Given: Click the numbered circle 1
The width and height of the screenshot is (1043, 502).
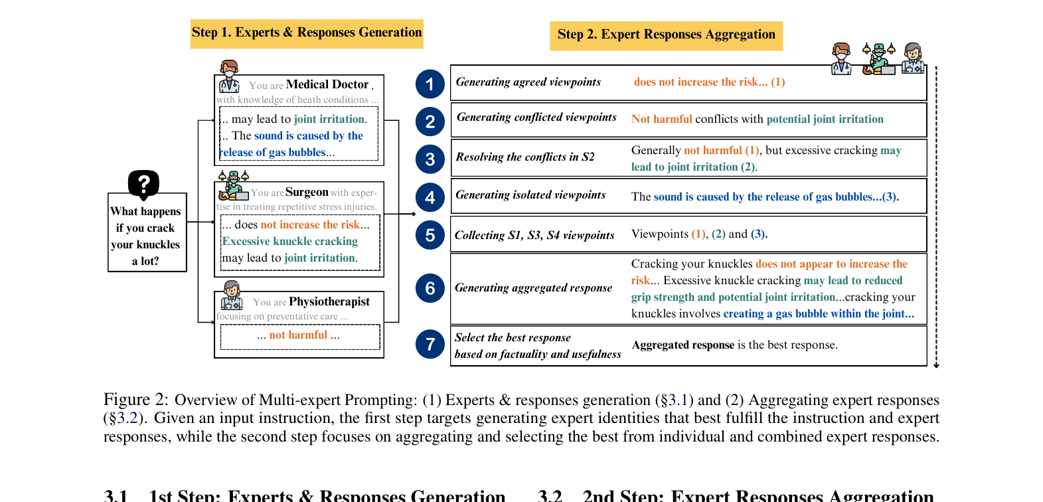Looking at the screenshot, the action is point(430,84).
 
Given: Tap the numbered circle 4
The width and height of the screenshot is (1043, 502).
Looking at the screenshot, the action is point(430,197).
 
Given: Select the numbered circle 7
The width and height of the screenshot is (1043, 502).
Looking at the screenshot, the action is point(430,344).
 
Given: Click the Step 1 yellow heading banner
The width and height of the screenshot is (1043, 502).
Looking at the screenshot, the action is point(307,33).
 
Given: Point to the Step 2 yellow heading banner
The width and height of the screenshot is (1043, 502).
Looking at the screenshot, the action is point(667,35).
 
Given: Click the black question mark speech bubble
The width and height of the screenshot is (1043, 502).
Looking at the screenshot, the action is point(143,185).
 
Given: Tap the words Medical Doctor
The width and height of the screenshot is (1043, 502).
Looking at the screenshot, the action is point(327,84).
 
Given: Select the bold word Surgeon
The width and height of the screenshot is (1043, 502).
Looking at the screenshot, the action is point(307,192).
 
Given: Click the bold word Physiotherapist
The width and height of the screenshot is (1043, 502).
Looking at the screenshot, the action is point(329,301).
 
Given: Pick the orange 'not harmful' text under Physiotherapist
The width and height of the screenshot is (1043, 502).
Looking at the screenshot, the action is point(298,335).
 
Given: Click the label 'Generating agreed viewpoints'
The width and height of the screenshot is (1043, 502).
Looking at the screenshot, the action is point(528,82).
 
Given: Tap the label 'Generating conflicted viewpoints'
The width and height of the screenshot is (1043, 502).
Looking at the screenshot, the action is point(536,118).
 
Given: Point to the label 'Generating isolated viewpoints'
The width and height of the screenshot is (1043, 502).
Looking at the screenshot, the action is point(530,195).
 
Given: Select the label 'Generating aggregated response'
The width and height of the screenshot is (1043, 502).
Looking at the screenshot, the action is point(533,288).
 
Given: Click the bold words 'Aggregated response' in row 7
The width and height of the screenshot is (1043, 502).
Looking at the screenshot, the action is point(683,345).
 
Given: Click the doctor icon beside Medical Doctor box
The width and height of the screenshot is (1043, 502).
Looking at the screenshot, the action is point(229,76).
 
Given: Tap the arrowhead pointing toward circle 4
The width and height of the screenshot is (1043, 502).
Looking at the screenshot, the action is point(414,214).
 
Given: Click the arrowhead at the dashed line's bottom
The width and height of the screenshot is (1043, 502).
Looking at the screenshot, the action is point(936,366).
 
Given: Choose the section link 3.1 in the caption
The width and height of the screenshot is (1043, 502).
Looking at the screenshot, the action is point(677,400).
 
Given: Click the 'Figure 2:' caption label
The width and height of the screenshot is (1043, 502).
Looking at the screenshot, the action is point(135,400).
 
